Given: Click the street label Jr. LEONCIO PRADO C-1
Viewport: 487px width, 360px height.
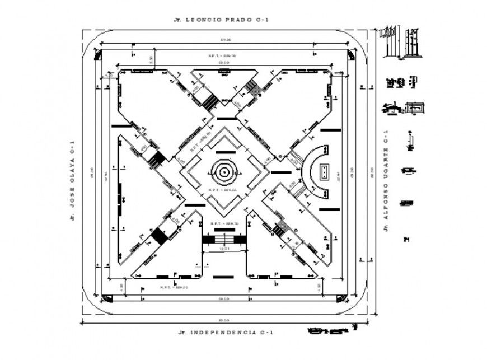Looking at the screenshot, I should click(x=221, y=20).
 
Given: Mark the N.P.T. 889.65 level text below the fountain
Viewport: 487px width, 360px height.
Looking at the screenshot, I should click(x=223, y=190).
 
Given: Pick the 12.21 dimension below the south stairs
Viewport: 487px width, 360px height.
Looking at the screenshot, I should click(x=224, y=249).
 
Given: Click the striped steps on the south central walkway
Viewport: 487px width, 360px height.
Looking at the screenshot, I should click(x=224, y=239).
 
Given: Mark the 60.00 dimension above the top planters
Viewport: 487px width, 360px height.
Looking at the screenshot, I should click(x=223, y=63).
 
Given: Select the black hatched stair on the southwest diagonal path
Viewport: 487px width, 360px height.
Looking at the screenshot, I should click(x=160, y=236).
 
